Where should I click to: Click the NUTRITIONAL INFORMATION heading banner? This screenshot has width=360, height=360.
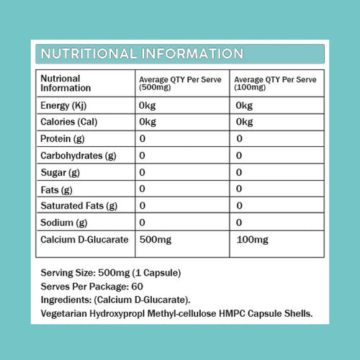141,54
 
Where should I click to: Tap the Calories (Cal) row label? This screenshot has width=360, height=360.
71,122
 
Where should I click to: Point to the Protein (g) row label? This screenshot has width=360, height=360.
63,138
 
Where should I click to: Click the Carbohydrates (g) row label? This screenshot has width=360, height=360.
78,156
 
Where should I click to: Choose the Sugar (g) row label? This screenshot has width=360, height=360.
60,173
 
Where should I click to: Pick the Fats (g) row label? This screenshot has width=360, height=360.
57,189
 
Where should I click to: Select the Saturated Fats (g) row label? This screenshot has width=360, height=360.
78,207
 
